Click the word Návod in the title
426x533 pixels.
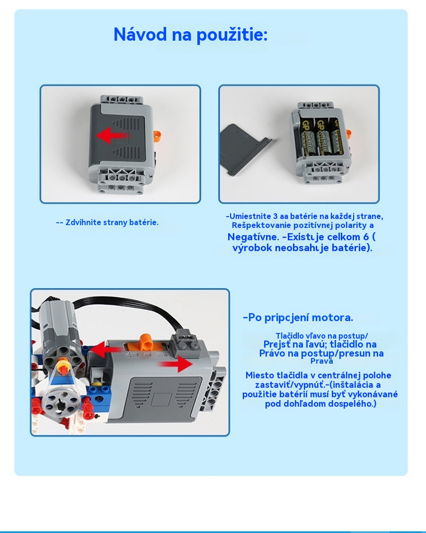[140, 35]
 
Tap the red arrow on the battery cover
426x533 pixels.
[112, 136]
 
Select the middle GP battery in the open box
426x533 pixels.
[322, 136]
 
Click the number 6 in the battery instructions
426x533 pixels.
[365, 236]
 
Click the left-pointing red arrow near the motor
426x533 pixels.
[105, 350]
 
